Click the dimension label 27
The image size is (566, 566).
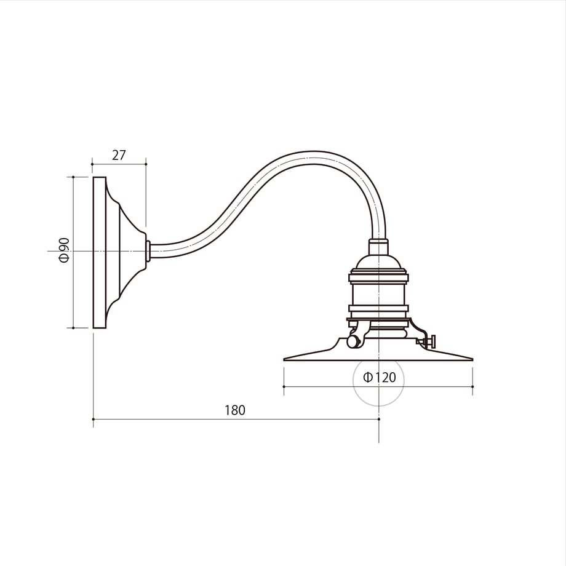tap(119, 155)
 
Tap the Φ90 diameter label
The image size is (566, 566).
tap(64, 250)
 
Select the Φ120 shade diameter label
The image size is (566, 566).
tap(380, 377)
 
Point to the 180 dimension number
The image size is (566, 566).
tap(235, 410)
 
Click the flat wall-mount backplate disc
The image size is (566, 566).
tap(100, 252)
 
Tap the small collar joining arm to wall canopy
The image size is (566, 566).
tap(148, 251)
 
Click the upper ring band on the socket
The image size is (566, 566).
tap(378, 277)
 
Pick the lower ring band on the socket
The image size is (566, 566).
tap(378, 308)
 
